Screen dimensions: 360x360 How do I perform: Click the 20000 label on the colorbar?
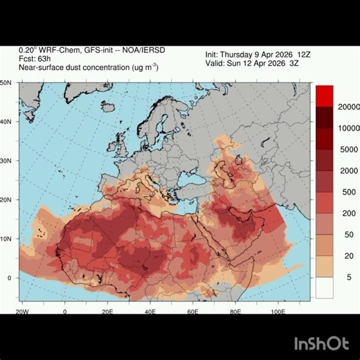click(349, 107)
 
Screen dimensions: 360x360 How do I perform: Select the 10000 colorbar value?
click(349, 129)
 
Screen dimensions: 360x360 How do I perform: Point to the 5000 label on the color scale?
click(349, 150)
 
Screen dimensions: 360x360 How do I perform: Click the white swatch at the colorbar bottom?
click(325, 287)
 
